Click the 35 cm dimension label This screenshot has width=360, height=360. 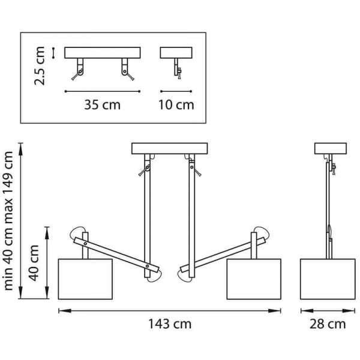coord(102,104)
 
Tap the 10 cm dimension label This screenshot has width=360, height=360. coord(176,104)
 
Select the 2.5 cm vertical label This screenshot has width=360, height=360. coord(40,66)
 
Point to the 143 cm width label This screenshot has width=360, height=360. coord(170,324)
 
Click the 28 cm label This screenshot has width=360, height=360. coord(328,324)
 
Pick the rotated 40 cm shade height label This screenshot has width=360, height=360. coord(34,263)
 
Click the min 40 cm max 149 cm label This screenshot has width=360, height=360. coord(9,221)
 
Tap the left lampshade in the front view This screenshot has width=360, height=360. coord(85,279)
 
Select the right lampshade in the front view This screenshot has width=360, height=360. coord(254,279)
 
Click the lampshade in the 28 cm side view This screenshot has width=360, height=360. coord(328,279)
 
